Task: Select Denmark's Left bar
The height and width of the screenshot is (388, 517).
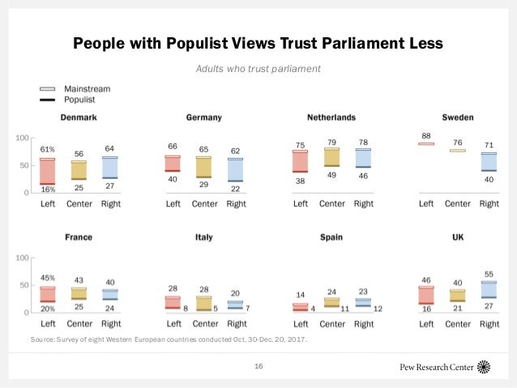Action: pos(48,172)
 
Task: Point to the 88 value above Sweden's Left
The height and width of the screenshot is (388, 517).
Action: pos(426,135)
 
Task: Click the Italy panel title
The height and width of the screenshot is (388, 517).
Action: pos(204,237)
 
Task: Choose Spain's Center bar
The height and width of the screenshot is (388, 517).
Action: pos(331,302)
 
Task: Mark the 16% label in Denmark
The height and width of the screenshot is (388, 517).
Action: pos(48,189)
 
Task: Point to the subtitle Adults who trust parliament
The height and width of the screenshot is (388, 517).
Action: pos(258,69)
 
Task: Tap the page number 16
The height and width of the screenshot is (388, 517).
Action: pos(258,367)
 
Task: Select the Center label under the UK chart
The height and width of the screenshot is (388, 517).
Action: pos(458,323)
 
